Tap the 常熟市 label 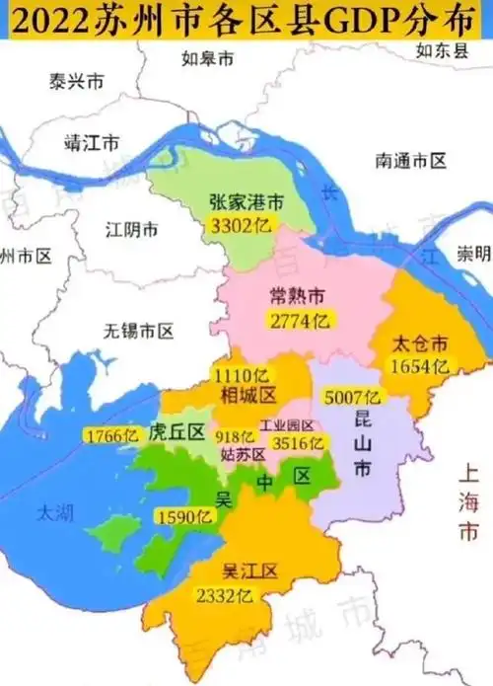click(297, 296)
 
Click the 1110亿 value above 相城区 click(242, 375)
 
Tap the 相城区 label click(240, 396)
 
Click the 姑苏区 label click(243, 455)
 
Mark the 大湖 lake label click(49, 512)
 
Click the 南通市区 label click(411, 159)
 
